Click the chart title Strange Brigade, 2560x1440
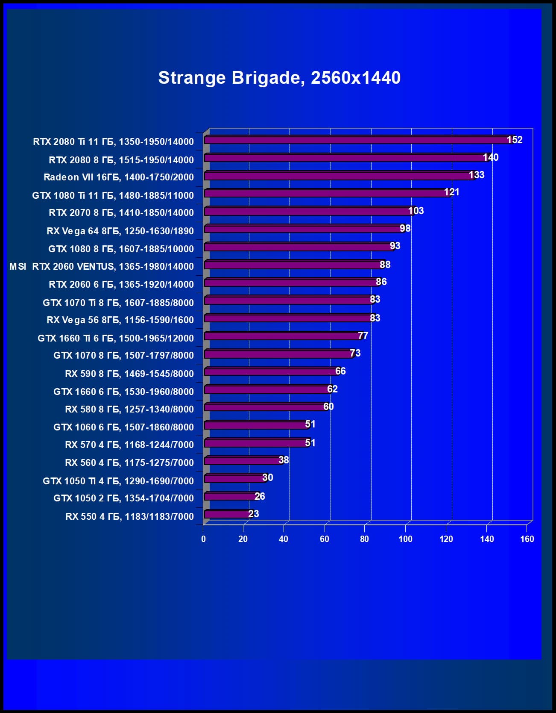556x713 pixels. (279, 78)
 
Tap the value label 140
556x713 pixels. (491, 157)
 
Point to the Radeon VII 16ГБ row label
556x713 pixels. (118, 177)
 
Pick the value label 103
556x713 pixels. (416, 211)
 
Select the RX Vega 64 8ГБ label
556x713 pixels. (120, 231)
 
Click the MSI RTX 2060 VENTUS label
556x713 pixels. (102, 267)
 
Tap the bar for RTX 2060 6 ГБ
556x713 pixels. (290, 283)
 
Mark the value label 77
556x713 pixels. (363, 336)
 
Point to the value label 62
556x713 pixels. (332, 389)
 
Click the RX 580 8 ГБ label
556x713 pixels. (129, 410)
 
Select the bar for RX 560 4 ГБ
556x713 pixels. (243, 461)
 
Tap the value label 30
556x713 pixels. (268, 477)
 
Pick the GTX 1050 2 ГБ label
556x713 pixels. (123, 498)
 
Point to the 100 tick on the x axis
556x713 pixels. (405, 539)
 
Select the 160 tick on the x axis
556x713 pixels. (527, 539)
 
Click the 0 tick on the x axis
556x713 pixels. (203, 539)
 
